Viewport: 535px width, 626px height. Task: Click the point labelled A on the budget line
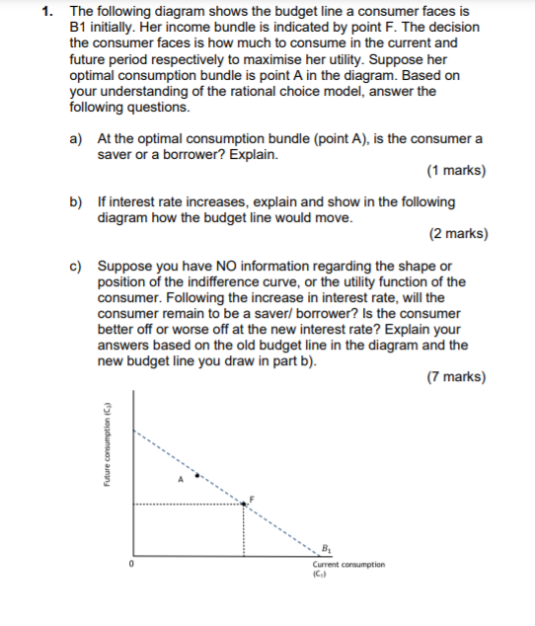click(x=197, y=475)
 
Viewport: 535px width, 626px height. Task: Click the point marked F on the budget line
click(x=245, y=503)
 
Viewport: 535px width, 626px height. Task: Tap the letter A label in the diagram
click(x=181, y=482)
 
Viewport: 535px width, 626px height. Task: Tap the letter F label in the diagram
click(x=252, y=496)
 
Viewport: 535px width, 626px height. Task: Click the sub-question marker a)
click(x=76, y=140)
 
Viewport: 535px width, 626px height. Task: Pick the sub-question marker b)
click(x=76, y=201)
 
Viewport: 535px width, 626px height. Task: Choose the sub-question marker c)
click(x=76, y=266)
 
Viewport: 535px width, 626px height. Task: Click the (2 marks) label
click(x=456, y=234)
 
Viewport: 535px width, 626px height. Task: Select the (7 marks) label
click(x=456, y=377)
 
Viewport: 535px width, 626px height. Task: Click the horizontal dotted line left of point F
click(x=188, y=505)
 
